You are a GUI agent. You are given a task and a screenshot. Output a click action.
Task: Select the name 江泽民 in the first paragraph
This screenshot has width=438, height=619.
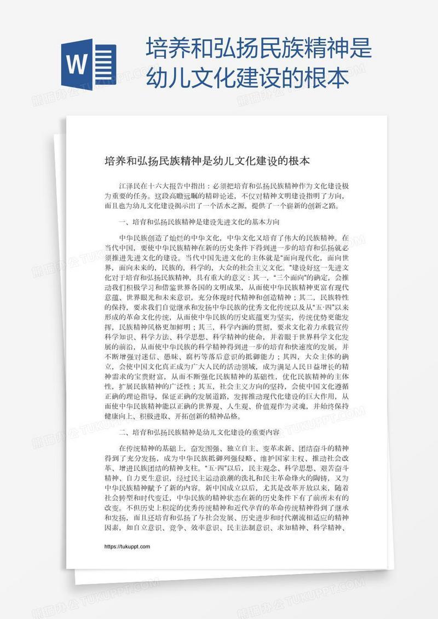[129, 186]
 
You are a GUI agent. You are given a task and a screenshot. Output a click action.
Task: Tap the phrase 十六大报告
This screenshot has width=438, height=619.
[164, 186]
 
